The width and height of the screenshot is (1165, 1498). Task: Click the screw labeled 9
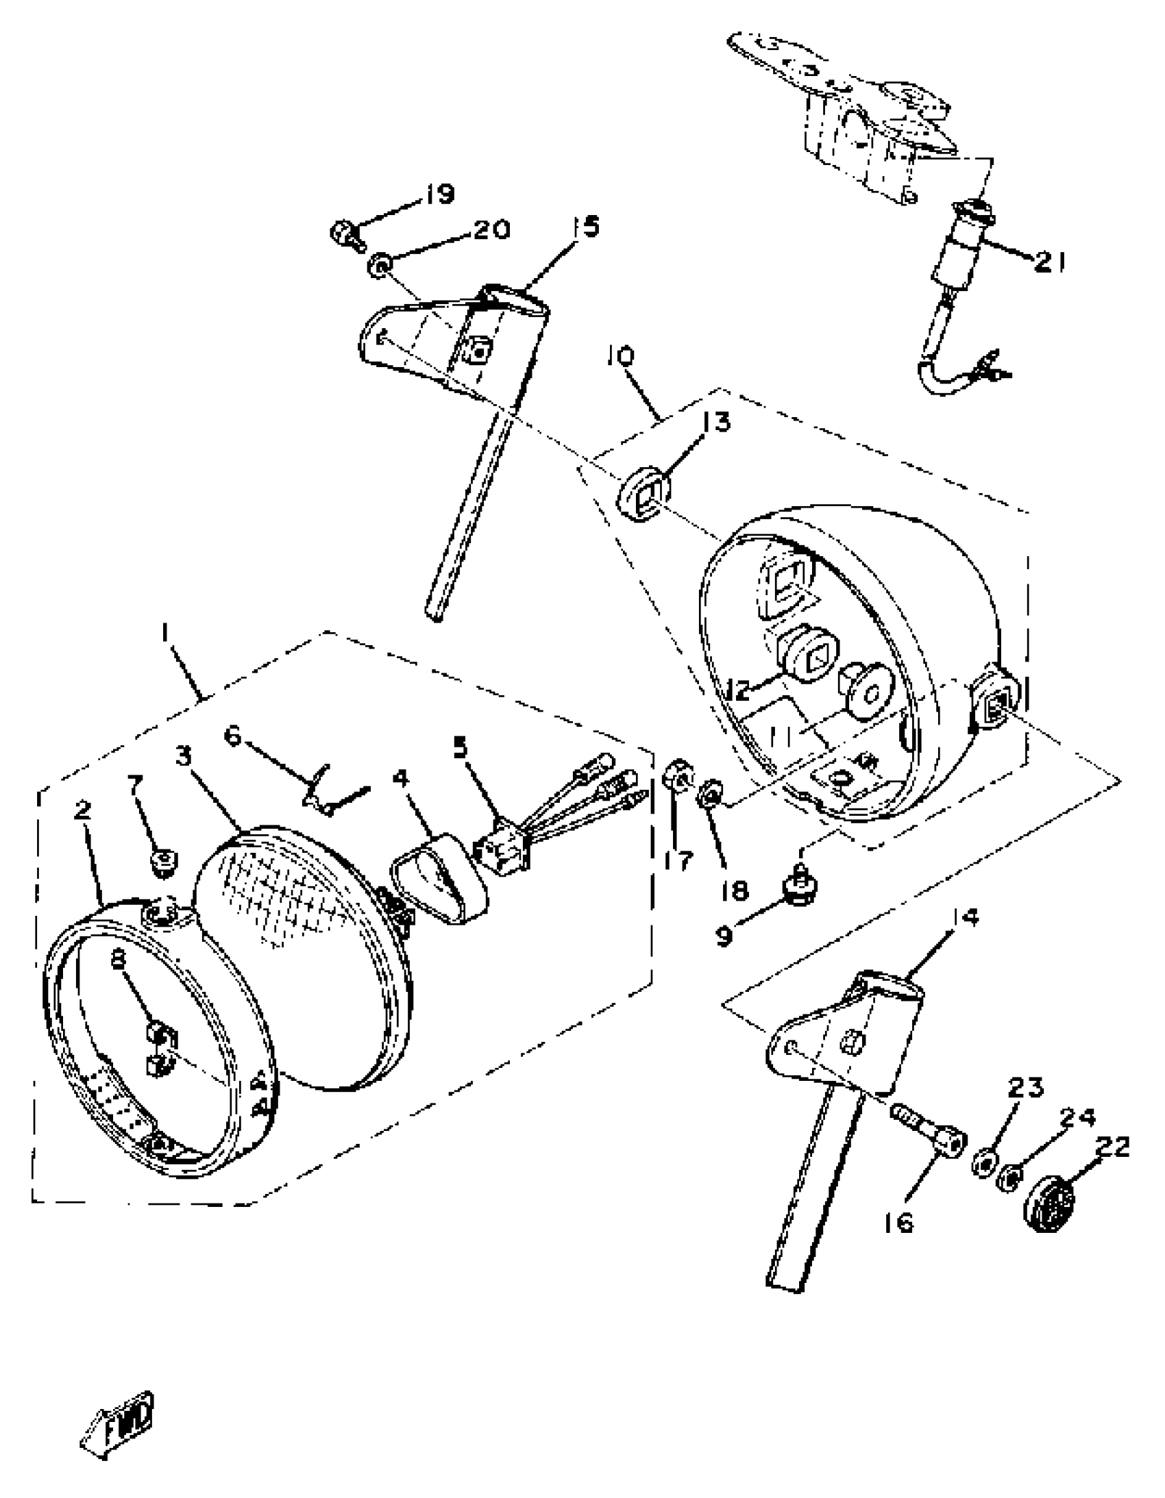point(800,890)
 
